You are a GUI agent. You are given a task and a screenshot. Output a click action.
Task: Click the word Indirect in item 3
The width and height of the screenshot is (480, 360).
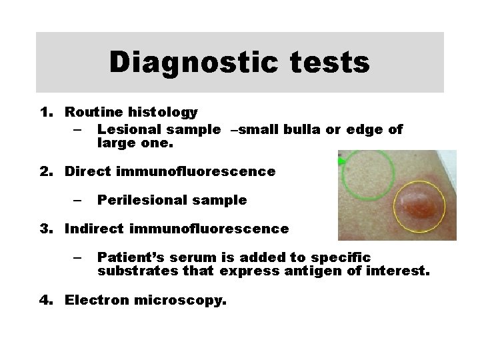click(94, 229)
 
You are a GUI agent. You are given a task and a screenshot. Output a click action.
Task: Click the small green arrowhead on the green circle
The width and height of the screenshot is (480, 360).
click(341, 161)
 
